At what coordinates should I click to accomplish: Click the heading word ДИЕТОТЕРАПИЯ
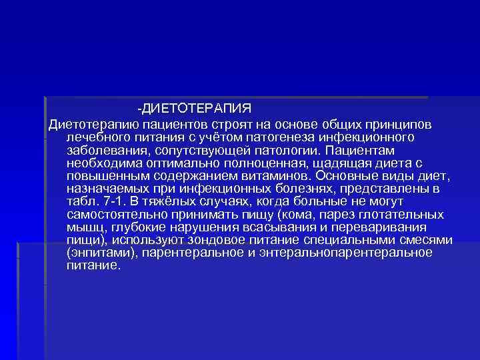(x=196, y=108)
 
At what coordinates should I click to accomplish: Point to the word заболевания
(x=106, y=150)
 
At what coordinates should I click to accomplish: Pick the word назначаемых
(x=109, y=189)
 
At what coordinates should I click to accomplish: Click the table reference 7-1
(x=113, y=202)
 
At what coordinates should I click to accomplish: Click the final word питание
(x=93, y=265)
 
